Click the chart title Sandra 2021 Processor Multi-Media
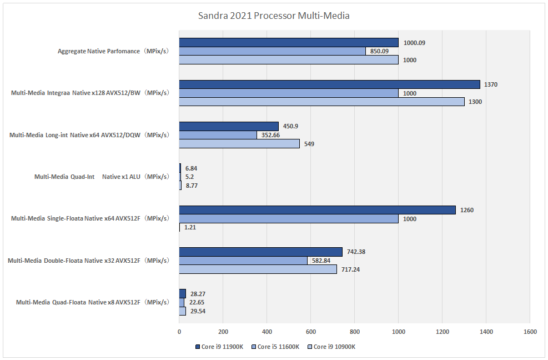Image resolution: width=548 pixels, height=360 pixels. tap(274, 16)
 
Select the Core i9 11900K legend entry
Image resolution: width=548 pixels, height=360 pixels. tap(219, 347)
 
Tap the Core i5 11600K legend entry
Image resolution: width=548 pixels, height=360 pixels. tap(275, 347)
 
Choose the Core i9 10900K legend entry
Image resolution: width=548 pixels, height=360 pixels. tap(331, 347)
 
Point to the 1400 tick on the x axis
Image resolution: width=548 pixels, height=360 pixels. tap(486, 332)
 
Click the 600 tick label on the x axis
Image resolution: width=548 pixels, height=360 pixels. tap(310, 332)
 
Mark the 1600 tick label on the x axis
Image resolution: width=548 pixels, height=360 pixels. tap(530, 332)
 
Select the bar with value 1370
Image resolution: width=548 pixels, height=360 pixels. tap(329, 84)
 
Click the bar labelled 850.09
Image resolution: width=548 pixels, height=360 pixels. tap(272, 51)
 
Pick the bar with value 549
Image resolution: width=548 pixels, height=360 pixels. tap(239, 144)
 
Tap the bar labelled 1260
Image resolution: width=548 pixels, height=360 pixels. tap(317, 210)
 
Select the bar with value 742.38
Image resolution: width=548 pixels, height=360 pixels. tap(260, 252)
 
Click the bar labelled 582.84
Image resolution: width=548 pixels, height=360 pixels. tap(243, 261)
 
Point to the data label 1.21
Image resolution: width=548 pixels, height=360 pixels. tap(190, 228)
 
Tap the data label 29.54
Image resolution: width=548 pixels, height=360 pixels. tap(199, 311)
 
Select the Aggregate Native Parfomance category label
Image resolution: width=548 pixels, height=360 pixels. tap(113, 52)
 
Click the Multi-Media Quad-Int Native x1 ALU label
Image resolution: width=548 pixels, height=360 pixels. tap(102, 177)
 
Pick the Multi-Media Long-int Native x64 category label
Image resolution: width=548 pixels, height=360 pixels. tap(89, 135)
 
